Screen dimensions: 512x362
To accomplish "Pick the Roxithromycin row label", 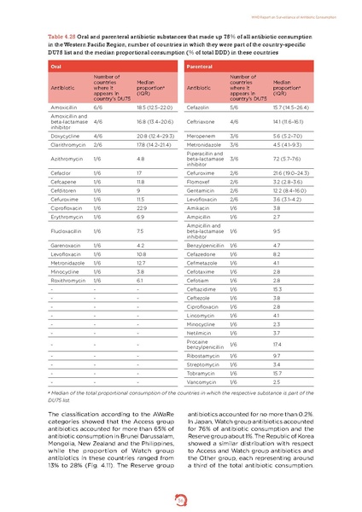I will click(x=70, y=279).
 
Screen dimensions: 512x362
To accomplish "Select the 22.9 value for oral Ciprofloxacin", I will click(x=142, y=207).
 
